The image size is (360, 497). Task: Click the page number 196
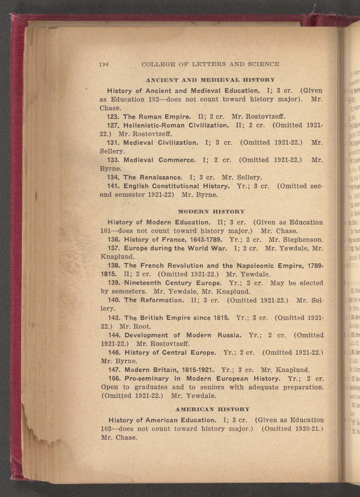tap(104, 64)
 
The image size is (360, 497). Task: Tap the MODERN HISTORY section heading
tap(211, 211)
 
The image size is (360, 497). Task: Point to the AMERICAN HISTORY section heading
tap(212, 409)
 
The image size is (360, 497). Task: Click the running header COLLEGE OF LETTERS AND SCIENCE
tap(210, 64)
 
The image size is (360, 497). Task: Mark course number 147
tap(114, 370)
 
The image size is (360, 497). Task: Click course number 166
tap(114, 379)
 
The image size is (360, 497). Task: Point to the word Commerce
tap(177, 160)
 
